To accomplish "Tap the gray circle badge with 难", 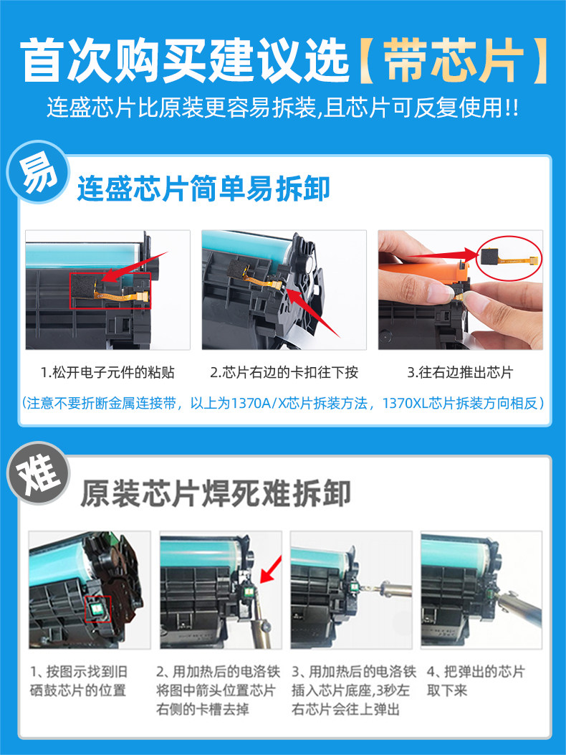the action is pyautogui.click(x=38, y=473).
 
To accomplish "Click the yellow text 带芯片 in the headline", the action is pyautogui.click(x=453, y=61).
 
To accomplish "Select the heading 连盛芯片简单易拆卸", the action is pyautogui.click(x=203, y=189).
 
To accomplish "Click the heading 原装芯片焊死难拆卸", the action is pyautogui.click(x=215, y=493).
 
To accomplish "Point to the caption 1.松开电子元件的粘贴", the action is pyautogui.click(x=107, y=372).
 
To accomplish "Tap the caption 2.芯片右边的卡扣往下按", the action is pyautogui.click(x=284, y=372).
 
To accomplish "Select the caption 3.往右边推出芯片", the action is pyautogui.click(x=460, y=372).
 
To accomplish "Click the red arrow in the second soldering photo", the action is pyautogui.click(x=271, y=569).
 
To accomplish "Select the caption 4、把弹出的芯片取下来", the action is pyautogui.click(x=476, y=681).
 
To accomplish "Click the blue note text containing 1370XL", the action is pyautogui.click(x=283, y=403).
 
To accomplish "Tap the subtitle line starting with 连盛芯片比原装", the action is pyautogui.click(x=283, y=107).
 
